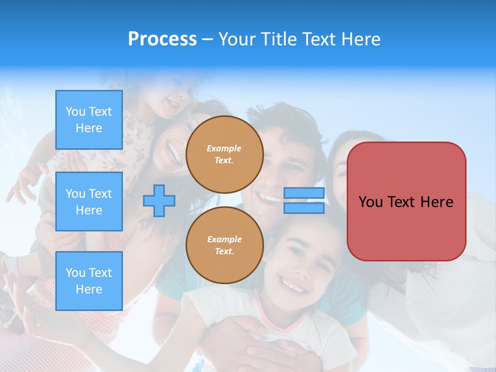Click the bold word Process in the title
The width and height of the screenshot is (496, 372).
pyautogui.click(x=162, y=39)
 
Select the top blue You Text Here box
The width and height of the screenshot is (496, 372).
pyautogui.click(x=89, y=120)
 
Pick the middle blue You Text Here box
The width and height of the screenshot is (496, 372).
pyautogui.click(x=89, y=202)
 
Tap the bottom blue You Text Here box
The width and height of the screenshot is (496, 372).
pyautogui.click(x=89, y=281)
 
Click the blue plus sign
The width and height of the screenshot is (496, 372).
pyautogui.click(x=159, y=201)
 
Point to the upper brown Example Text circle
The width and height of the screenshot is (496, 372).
pyautogui.click(x=224, y=154)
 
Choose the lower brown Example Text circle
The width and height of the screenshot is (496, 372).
pyautogui.click(x=224, y=245)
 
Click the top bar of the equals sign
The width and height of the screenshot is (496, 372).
pyautogui.click(x=304, y=193)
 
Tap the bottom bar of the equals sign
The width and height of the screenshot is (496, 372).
pyautogui.click(x=304, y=208)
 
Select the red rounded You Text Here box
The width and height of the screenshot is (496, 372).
pyautogui.click(x=406, y=202)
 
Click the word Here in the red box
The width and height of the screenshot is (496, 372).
pyautogui.click(x=437, y=202)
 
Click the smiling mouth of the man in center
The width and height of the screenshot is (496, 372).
pyautogui.click(x=270, y=197)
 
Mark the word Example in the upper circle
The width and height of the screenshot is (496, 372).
pyautogui.click(x=224, y=148)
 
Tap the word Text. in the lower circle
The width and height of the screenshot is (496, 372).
pyautogui.click(x=224, y=252)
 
